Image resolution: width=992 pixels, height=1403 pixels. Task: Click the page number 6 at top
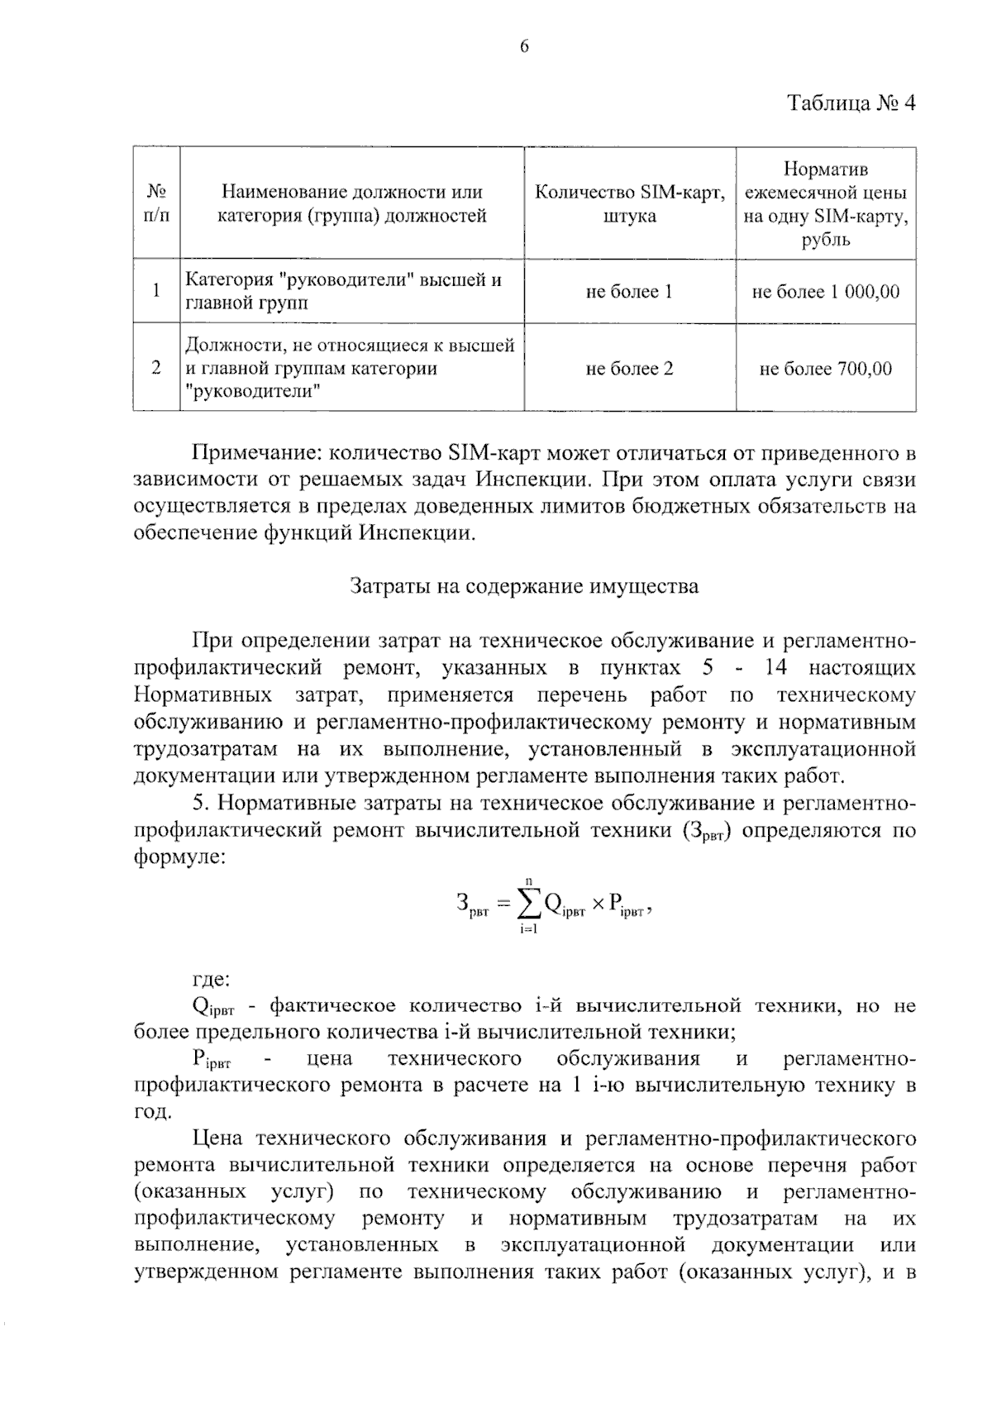523,46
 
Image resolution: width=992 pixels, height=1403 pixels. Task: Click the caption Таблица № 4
851,103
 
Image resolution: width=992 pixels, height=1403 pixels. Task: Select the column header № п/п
156,203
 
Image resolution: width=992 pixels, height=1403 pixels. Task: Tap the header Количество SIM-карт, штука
630,203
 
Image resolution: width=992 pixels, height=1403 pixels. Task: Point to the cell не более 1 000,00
825,291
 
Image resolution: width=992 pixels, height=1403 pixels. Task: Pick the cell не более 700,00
825,368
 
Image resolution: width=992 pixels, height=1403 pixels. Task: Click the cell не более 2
629,368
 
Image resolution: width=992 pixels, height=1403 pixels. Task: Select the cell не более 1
629,291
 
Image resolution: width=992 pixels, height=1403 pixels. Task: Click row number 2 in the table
156,368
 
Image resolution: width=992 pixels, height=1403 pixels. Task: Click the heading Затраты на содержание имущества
524,586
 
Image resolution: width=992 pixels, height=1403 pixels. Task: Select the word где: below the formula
211,980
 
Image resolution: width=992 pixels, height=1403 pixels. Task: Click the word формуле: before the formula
179,857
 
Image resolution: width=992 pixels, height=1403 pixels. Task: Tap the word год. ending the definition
153,1112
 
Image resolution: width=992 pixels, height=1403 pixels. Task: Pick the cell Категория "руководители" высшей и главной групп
343,291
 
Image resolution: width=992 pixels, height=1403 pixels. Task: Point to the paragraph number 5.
198,803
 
